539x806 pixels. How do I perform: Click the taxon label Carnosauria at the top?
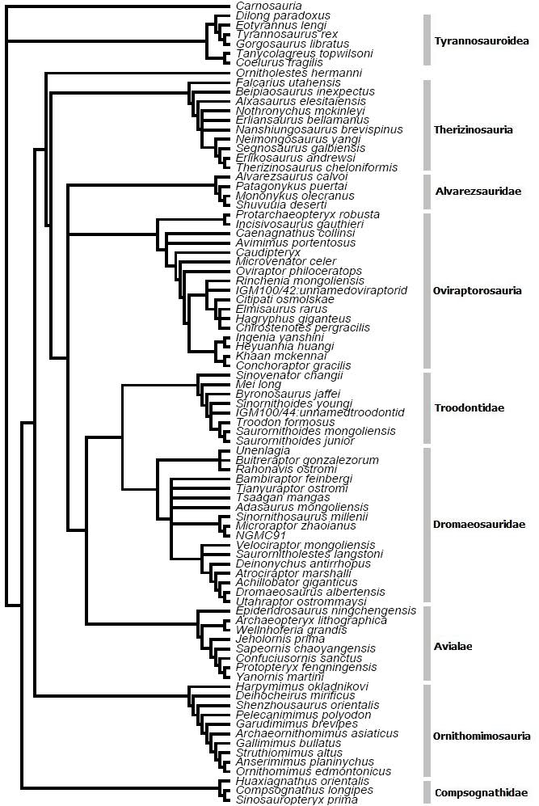click(x=263, y=6)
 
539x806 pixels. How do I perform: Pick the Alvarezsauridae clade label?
click(x=478, y=192)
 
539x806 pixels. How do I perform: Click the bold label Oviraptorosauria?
click(x=477, y=291)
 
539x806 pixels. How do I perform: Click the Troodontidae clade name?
click(x=469, y=407)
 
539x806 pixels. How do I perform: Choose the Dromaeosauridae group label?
click(x=479, y=524)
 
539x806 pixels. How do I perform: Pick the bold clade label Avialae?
click(x=453, y=645)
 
